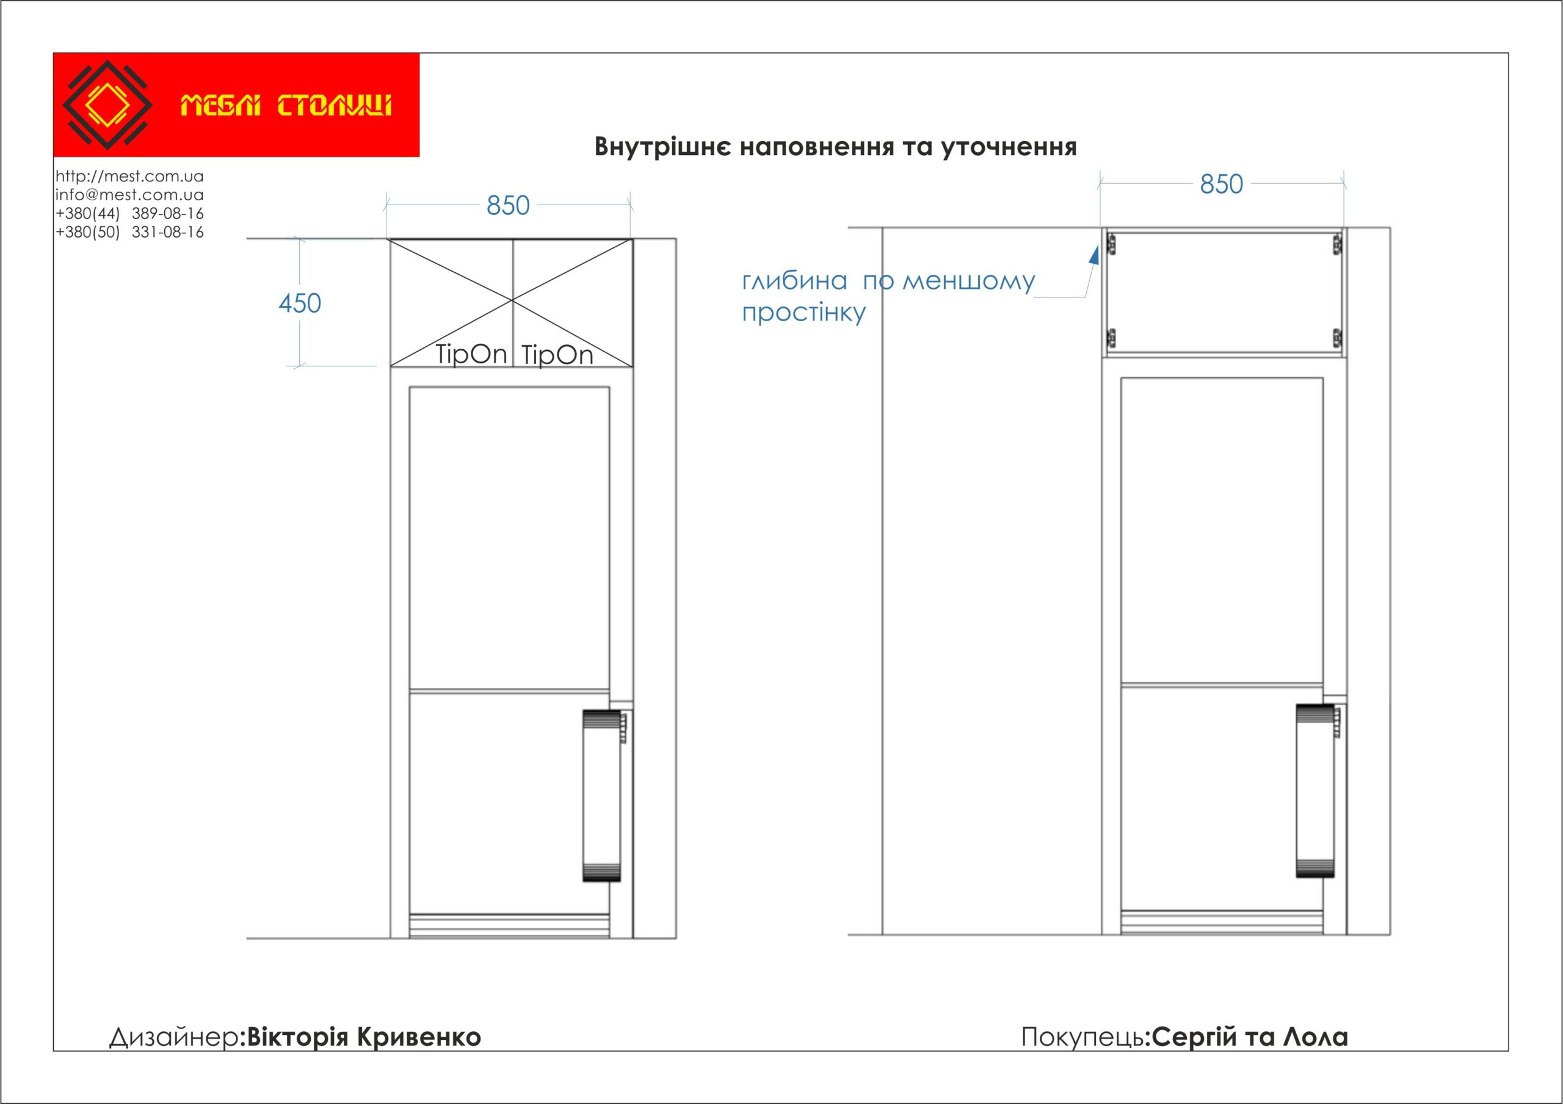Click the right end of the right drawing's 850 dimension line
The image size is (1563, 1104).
[1344, 183]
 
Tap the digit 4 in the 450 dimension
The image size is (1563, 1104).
[285, 303]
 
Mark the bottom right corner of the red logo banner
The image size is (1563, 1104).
[419, 156]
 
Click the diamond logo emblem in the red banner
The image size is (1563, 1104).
[107, 105]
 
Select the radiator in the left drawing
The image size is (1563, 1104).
[602, 795]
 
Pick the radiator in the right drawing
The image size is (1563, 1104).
[1316, 790]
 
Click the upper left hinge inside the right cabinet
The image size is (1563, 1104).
[1112, 243]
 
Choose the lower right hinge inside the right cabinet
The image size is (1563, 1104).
[1337, 337]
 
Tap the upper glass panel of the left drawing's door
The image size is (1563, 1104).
[509, 538]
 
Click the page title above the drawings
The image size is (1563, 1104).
[835, 147]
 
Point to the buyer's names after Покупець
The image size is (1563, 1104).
[1251, 1037]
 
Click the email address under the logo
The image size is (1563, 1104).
[129, 195]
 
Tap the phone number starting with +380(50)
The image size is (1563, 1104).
[129, 232]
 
